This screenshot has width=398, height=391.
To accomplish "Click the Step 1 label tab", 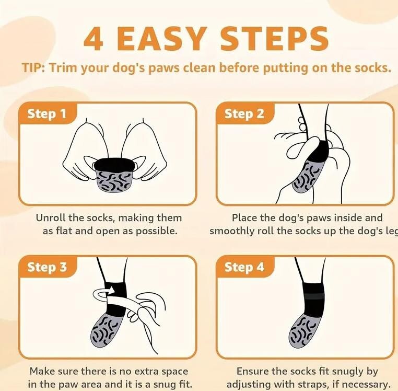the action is (x=48, y=113).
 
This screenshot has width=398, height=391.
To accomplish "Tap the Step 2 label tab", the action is (x=245, y=113).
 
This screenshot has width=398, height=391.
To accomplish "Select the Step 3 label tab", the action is (x=48, y=267).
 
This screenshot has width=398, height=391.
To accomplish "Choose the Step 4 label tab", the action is (x=245, y=267).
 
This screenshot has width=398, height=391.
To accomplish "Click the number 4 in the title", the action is (x=93, y=39).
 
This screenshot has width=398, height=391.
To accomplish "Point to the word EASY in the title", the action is (x=160, y=39).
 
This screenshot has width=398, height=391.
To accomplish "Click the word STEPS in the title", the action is (x=274, y=39).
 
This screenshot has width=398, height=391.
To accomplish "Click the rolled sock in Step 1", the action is (x=114, y=175).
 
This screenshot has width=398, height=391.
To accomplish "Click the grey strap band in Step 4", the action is (x=314, y=296).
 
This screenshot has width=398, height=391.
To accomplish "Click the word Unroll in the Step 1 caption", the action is (x=50, y=218).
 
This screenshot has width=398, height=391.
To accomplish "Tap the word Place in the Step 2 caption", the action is (x=244, y=218).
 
